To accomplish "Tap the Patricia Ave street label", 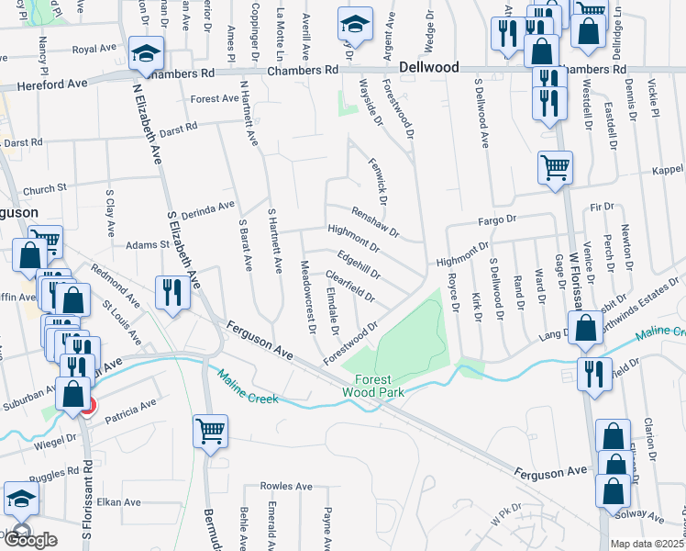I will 129,410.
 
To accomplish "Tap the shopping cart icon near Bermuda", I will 211,430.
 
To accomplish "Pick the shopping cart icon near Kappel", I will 555,169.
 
